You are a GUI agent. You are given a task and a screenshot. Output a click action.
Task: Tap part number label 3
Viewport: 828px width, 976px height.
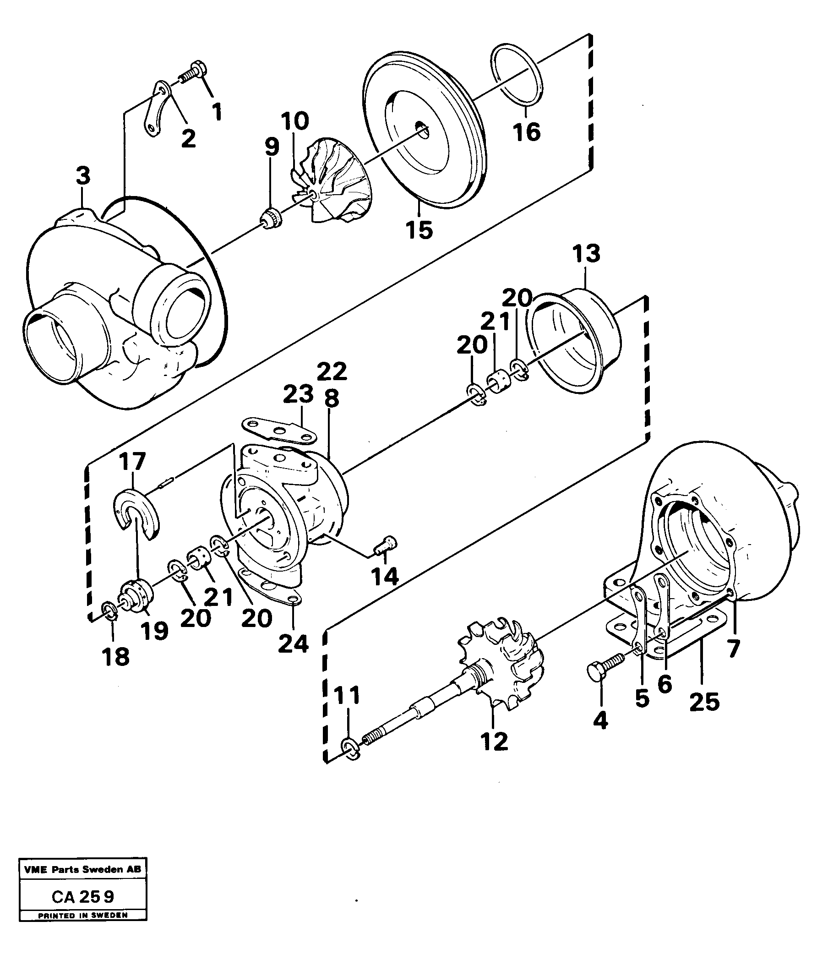pos(82,177)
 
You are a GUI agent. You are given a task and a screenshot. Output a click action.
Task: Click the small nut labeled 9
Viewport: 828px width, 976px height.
pos(271,218)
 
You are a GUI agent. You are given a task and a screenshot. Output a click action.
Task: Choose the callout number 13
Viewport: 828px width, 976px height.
pos(586,254)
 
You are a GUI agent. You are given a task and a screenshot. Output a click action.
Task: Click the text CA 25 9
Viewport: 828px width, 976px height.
pos(82,897)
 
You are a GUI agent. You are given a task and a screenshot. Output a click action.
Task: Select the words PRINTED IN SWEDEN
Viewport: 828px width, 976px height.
pos(82,916)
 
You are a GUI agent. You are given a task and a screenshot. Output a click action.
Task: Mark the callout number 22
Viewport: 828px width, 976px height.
pos(332,371)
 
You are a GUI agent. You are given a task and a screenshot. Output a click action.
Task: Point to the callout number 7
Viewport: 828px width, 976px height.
pos(733,649)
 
